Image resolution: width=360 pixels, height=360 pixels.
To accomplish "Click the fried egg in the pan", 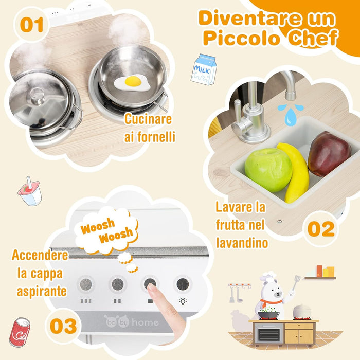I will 132,82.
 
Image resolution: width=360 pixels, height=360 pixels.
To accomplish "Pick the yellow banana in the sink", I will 297,172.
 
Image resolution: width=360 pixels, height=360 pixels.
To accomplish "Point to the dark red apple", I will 328,153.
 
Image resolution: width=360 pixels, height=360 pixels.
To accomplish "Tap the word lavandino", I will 242,242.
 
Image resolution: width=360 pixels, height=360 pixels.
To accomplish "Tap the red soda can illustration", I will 20,332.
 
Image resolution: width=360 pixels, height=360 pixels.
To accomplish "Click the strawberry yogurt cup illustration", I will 29,192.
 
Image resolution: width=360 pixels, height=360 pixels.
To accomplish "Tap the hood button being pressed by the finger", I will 150,283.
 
